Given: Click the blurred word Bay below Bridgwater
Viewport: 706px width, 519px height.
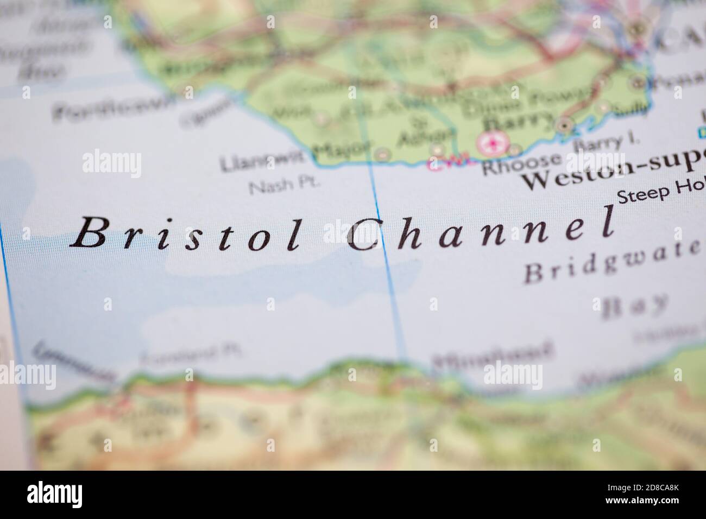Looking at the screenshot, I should pos(635,306).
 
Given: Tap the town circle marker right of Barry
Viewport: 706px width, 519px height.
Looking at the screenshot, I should pos(565,124).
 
